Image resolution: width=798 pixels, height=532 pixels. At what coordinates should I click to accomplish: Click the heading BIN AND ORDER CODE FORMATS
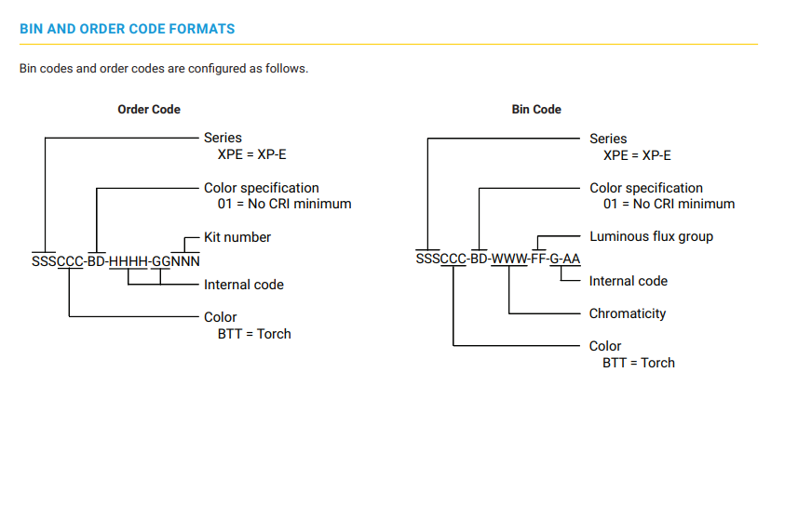128,29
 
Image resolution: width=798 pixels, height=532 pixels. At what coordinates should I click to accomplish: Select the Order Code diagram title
149,109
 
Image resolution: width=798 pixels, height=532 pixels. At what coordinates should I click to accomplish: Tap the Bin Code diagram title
536,109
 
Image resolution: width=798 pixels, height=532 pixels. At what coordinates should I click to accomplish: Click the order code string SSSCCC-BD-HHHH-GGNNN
115,261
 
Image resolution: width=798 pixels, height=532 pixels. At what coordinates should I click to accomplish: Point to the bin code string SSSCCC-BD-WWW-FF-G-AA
498,259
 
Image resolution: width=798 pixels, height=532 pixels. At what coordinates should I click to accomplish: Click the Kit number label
237,237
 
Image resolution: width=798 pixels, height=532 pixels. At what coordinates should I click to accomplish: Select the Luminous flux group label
652,237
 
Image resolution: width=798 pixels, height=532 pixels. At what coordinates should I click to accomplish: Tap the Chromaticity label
628,313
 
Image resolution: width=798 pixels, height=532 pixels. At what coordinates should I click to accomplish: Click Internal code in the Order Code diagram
244,285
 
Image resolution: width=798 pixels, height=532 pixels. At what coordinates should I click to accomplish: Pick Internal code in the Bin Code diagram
629,281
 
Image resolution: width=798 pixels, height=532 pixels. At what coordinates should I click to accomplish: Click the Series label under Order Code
223,138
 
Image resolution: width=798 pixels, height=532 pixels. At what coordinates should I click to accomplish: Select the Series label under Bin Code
608,139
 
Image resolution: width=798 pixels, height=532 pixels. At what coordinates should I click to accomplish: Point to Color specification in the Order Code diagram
262,188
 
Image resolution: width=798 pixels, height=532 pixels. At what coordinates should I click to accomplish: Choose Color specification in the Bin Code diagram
646,188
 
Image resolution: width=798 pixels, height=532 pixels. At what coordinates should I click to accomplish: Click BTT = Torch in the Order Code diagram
254,334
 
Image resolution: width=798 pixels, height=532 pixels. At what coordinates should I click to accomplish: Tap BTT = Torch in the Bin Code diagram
639,363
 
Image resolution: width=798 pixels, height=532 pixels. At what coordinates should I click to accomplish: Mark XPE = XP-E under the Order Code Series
252,154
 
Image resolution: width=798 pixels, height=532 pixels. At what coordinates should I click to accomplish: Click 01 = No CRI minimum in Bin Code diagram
670,204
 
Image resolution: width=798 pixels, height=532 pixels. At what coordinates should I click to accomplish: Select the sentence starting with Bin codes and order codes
164,69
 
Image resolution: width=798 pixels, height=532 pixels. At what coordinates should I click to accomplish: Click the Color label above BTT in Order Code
221,317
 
